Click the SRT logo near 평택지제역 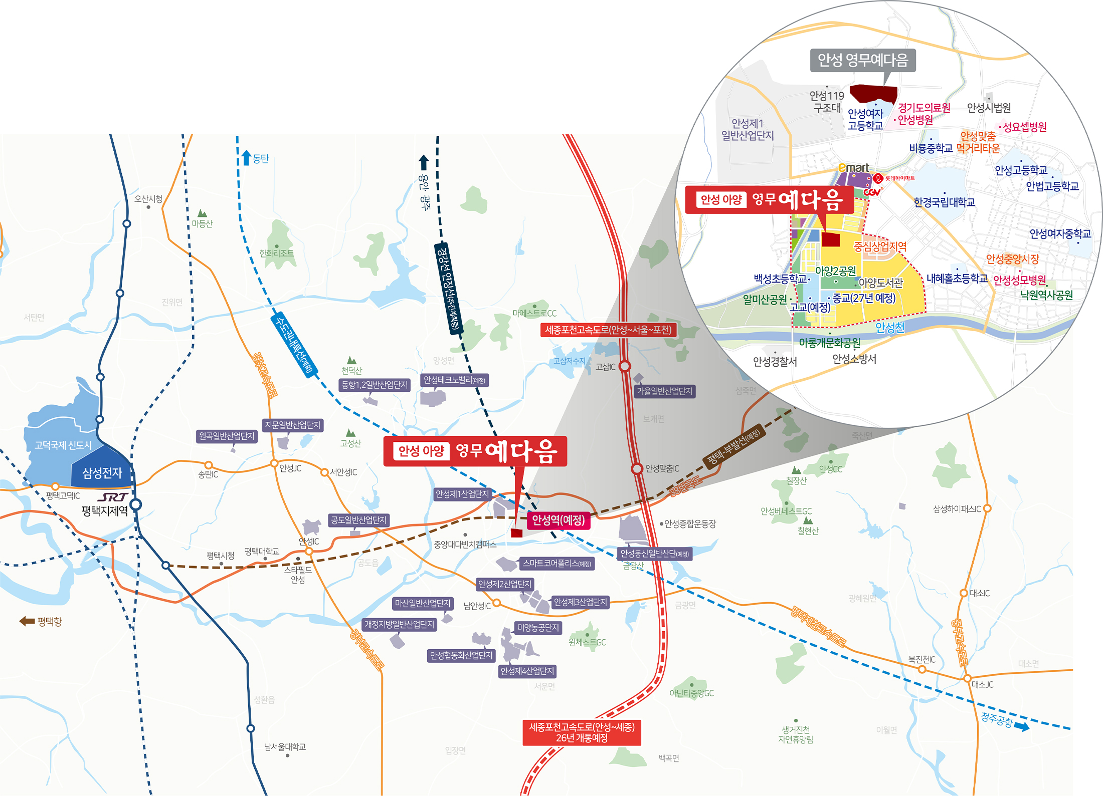pyautogui.click(x=113, y=497)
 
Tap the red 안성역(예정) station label pyautogui.click(x=558, y=520)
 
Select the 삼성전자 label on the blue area pyautogui.click(x=102, y=472)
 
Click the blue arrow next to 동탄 pyautogui.click(x=246, y=158)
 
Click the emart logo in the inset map pyautogui.click(x=854, y=168)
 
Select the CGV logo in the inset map pyautogui.click(x=872, y=191)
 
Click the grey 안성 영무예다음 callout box pyautogui.click(x=863, y=61)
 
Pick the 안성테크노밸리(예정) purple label pyautogui.click(x=454, y=380)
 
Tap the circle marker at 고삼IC pyautogui.click(x=625, y=366)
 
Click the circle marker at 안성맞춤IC pyautogui.click(x=637, y=468)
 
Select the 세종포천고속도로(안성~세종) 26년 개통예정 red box pyautogui.click(x=582, y=732)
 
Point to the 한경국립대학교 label pyautogui.click(x=944, y=202)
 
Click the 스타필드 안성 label pyautogui.click(x=298, y=575)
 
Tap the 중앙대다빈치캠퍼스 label pyautogui.click(x=465, y=544)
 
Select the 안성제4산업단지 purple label pyautogui.click(x=527, y=671)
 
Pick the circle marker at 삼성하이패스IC pyautogui.click(x=987, y=508)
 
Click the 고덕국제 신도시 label pyautogui.click(x=63, y=445)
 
